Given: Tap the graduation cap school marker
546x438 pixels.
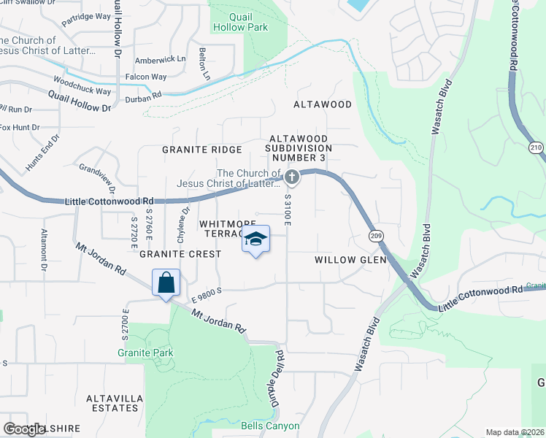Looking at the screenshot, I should point(255,239).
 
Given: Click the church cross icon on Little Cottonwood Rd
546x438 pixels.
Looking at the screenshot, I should point(291,177).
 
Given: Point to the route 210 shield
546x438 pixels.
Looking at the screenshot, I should point(537,147).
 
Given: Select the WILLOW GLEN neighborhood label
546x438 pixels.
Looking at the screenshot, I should point(345,260).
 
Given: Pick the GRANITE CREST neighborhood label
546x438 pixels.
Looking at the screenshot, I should point(180,254).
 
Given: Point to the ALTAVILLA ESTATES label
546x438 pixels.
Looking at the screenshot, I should point(112,403).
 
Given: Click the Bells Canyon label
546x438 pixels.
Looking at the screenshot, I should point(270,426).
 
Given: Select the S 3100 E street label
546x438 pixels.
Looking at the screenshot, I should point(288,209).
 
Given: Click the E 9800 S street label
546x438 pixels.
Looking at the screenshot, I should point(206,296).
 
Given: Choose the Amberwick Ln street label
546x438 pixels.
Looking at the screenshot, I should point(161,58).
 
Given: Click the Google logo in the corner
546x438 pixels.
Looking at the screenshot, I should point(24,429).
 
